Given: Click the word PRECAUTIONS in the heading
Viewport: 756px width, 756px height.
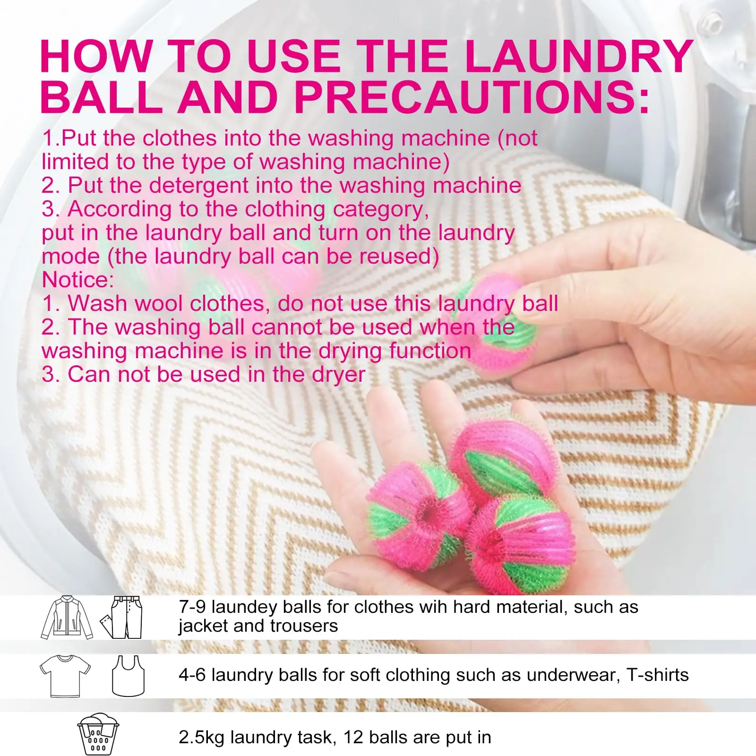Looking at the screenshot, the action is [472, 97].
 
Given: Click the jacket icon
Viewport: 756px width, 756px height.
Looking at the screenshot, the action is [67, 618].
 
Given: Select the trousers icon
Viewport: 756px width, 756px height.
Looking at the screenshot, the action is [121, 618].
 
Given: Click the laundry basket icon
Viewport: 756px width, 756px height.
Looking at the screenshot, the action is [98, 734].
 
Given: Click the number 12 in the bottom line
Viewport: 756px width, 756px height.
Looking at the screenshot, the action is [353, 737].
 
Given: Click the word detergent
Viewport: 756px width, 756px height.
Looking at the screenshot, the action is [199, 186].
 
